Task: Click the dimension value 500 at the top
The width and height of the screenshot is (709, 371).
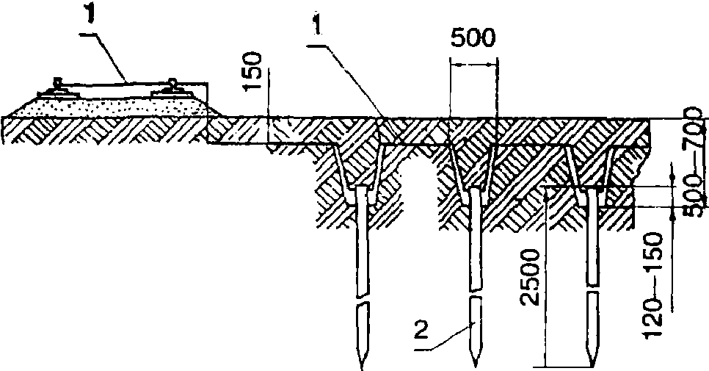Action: tap(473, 38)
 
